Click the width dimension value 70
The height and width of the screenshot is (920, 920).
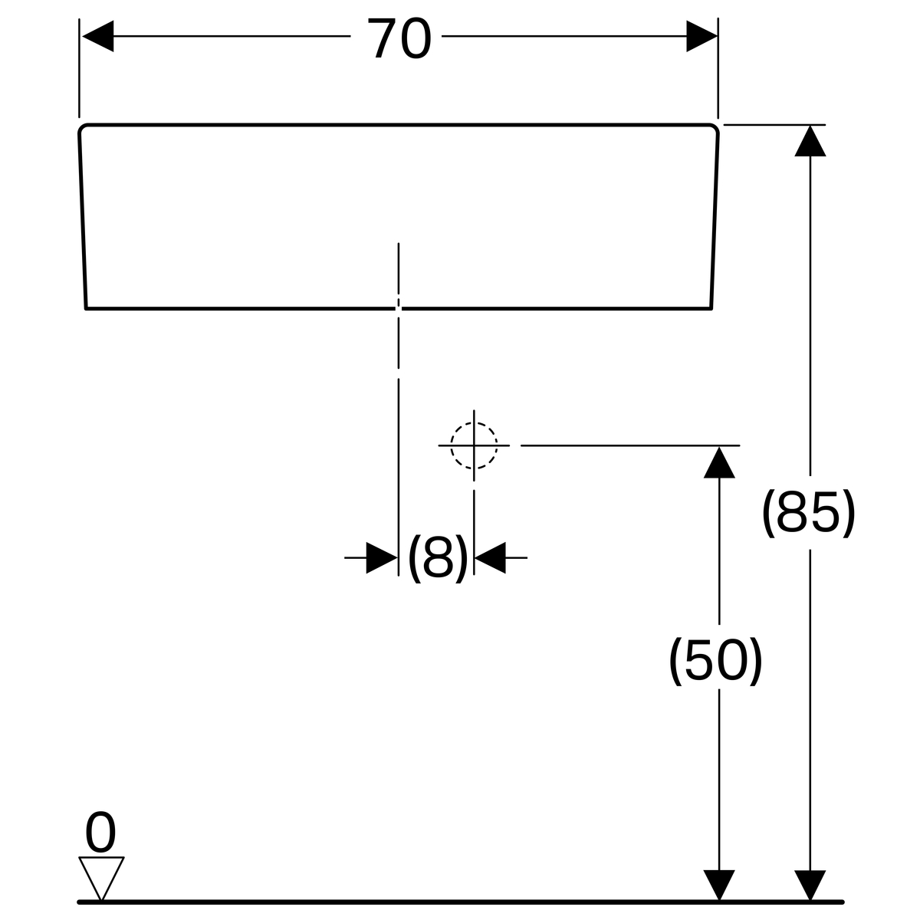pyautogui.click(x=399, y=38)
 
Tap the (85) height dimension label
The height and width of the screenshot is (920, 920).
pyautogui.click(x=808, y=513)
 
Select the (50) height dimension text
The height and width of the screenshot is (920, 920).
pyautogui.click(x=715, y=661)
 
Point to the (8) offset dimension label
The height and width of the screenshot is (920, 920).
pyautogui.click(x=437, y=557)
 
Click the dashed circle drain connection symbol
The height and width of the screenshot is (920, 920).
pyautogui.click(x=474, y=445)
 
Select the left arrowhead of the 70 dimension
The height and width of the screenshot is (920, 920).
pyautogui.click(x=98, y=36)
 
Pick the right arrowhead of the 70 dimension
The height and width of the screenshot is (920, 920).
pyautogui.click(x=701, y=36)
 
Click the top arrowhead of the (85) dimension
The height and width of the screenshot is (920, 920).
pyautogui.click(x=810, y=141)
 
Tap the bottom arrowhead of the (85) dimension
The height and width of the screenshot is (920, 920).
pyautogui.click(x=810, y=886)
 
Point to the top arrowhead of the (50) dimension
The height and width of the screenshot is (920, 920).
pyautogui.click(x=719, y=462)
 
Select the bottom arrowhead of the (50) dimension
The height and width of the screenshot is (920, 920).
pyautogui.click(x=719, y=886)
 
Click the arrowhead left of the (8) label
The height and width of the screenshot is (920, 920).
pyautogui.click(x=382, y=557)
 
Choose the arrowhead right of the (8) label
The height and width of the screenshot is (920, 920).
pyautogui.click(x=491, y=557)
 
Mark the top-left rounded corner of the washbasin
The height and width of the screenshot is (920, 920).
pyautogui.click(x=82, y=128)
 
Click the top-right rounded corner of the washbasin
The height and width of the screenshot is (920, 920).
pyautogui.click(x=715, y=128)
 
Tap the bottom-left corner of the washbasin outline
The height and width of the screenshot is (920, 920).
pyautogui.click(x=86, y=308)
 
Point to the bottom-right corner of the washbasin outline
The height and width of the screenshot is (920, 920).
pyautogui.click(x=711, y=308)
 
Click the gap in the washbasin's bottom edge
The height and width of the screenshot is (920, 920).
pyautogui.click(x=399, y=308)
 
